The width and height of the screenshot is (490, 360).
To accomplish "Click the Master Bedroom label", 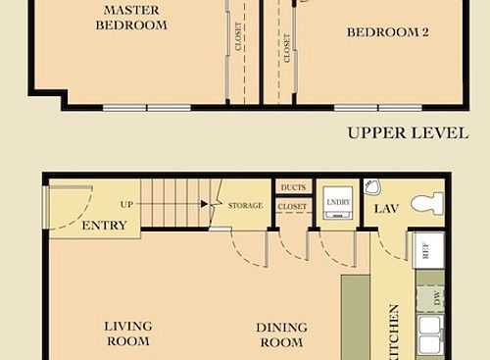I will pos(130,18).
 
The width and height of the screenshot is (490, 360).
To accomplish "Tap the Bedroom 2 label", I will pos(388,31).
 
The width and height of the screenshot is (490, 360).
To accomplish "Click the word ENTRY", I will pos(104,226).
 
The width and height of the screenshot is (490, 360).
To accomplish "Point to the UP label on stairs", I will pos(126,205).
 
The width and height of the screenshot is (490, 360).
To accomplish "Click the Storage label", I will pos(245,206).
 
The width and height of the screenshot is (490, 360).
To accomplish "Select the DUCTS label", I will pos(292,187).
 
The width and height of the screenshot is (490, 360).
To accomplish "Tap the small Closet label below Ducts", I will pos(292,207).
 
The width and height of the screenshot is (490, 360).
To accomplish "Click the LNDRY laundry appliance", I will pos(337,201).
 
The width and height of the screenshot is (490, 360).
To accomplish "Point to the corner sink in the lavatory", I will pos(371,186).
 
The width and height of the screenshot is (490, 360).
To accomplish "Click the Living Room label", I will pos(127,334).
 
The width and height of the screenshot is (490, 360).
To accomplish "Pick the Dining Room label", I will pos(281,334).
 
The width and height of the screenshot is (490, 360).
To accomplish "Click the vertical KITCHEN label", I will pos(394,330).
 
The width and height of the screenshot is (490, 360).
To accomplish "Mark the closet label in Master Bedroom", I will pos(239,36).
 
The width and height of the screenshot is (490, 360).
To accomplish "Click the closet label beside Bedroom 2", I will pos(286,47).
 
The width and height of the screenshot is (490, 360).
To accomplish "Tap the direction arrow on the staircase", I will pos(204,205).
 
